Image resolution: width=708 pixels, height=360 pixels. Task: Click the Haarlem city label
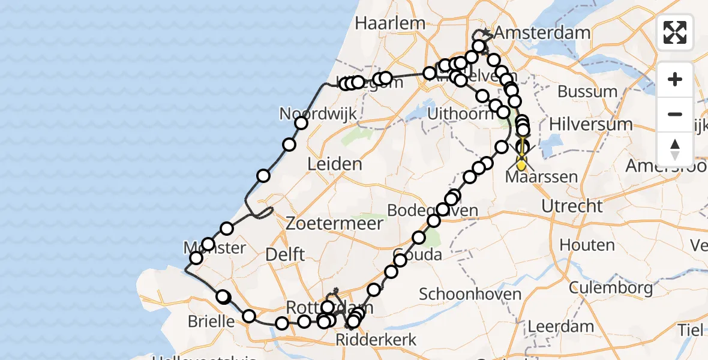click(x=390, y=23)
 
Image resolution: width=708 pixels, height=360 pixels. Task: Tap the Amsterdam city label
click(x=542, y=33)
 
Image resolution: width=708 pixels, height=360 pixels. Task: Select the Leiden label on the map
click(x=335, y=164)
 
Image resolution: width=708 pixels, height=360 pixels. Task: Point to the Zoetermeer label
click(x=334, y=224)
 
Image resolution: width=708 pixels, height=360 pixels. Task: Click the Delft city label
click(x=284, y=254)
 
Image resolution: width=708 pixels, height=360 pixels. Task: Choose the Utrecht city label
click(x=572, y=206)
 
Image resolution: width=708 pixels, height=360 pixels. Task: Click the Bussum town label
click(x=587, y=92)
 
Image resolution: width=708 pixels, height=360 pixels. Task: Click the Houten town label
click(x=587, y=245)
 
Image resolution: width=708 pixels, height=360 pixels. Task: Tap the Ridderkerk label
click(x=383, y=340)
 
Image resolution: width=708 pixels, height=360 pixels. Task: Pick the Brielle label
click(x=211, y=321)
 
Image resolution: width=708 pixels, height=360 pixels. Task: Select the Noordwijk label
click(x=318, y=114)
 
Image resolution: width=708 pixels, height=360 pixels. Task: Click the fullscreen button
click(x=675, y=32)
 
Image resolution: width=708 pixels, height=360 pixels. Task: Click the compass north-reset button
click(x=675, y=149)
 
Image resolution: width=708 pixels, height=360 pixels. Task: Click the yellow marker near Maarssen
click(x=521, y=163)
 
